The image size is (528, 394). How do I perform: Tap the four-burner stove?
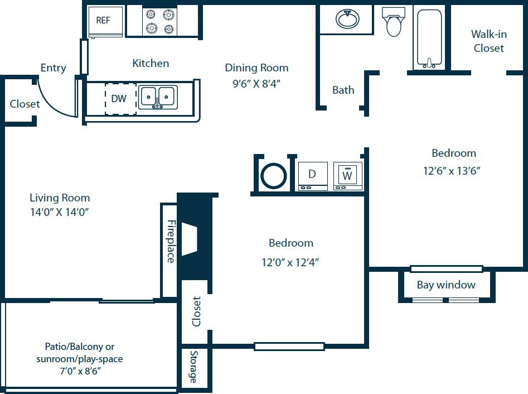pyautogui.click(x=160, y=22)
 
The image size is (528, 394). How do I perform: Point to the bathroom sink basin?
pyautogui.click(x=347, y=20)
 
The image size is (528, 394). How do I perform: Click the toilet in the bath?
pyautogui.click(x=394, y=21)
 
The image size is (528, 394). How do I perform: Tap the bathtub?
pyautogui.click(x=429, y=38)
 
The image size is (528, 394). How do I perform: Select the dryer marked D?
pyautogui.click(x=313, y=176)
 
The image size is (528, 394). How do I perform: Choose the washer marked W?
pyautogui.click(x=348, y=176)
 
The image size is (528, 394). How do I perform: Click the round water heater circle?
pyautogui.click(x=274, y=176)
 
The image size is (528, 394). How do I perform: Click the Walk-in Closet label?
pyautogui.click(x=488, y=41)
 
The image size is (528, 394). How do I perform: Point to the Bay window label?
pyautogui.click(x=446, y=285)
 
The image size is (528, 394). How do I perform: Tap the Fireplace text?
pyautogui.click(x=171, y=241)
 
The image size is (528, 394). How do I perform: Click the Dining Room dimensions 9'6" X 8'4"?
pyautogui.click(x=257, y=84)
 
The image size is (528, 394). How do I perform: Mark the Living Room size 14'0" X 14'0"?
pyautogui.click(x=60, y=212)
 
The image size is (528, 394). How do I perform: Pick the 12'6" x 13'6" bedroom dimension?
pyautogui.click(x=452, y=171)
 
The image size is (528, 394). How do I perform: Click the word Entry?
pyautogui.click(x=53, y=68)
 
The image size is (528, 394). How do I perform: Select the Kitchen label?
pyautogui.click(x=151, y=64)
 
